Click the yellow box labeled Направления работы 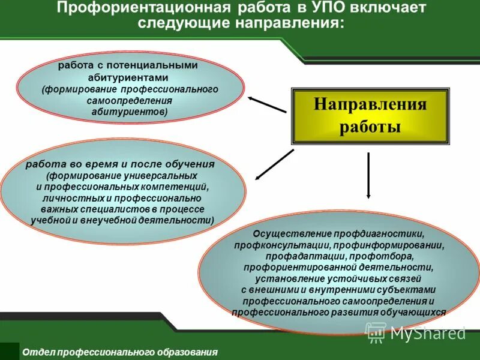[370, 116]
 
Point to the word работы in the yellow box [370, 127]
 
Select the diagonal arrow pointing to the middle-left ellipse [275, 164]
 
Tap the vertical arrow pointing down [368, 175]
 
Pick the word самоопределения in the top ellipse [130, 100]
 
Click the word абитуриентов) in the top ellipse [130, 112]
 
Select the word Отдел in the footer [35, 352]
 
